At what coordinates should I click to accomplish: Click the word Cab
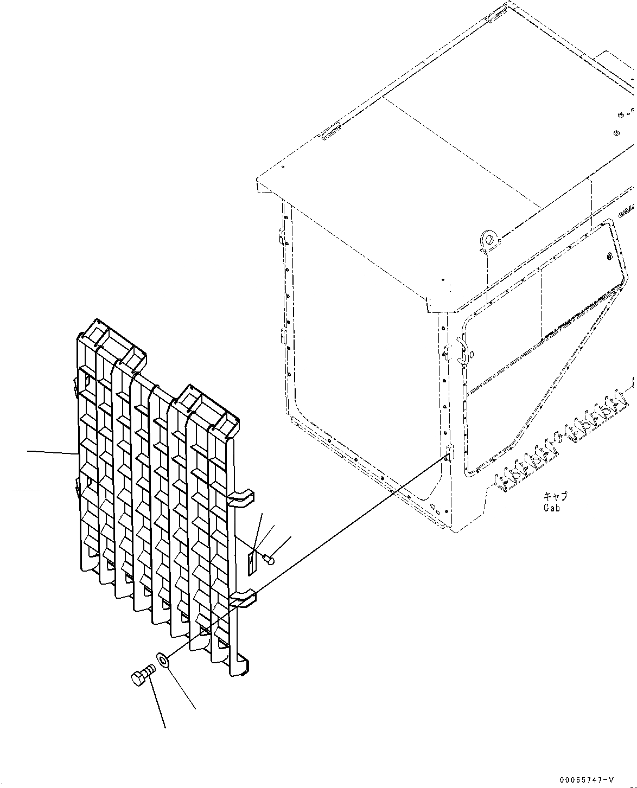coord(551,508)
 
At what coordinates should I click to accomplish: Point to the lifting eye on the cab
coord(488,239)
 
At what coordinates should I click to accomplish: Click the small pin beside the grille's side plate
coord(268,558)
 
